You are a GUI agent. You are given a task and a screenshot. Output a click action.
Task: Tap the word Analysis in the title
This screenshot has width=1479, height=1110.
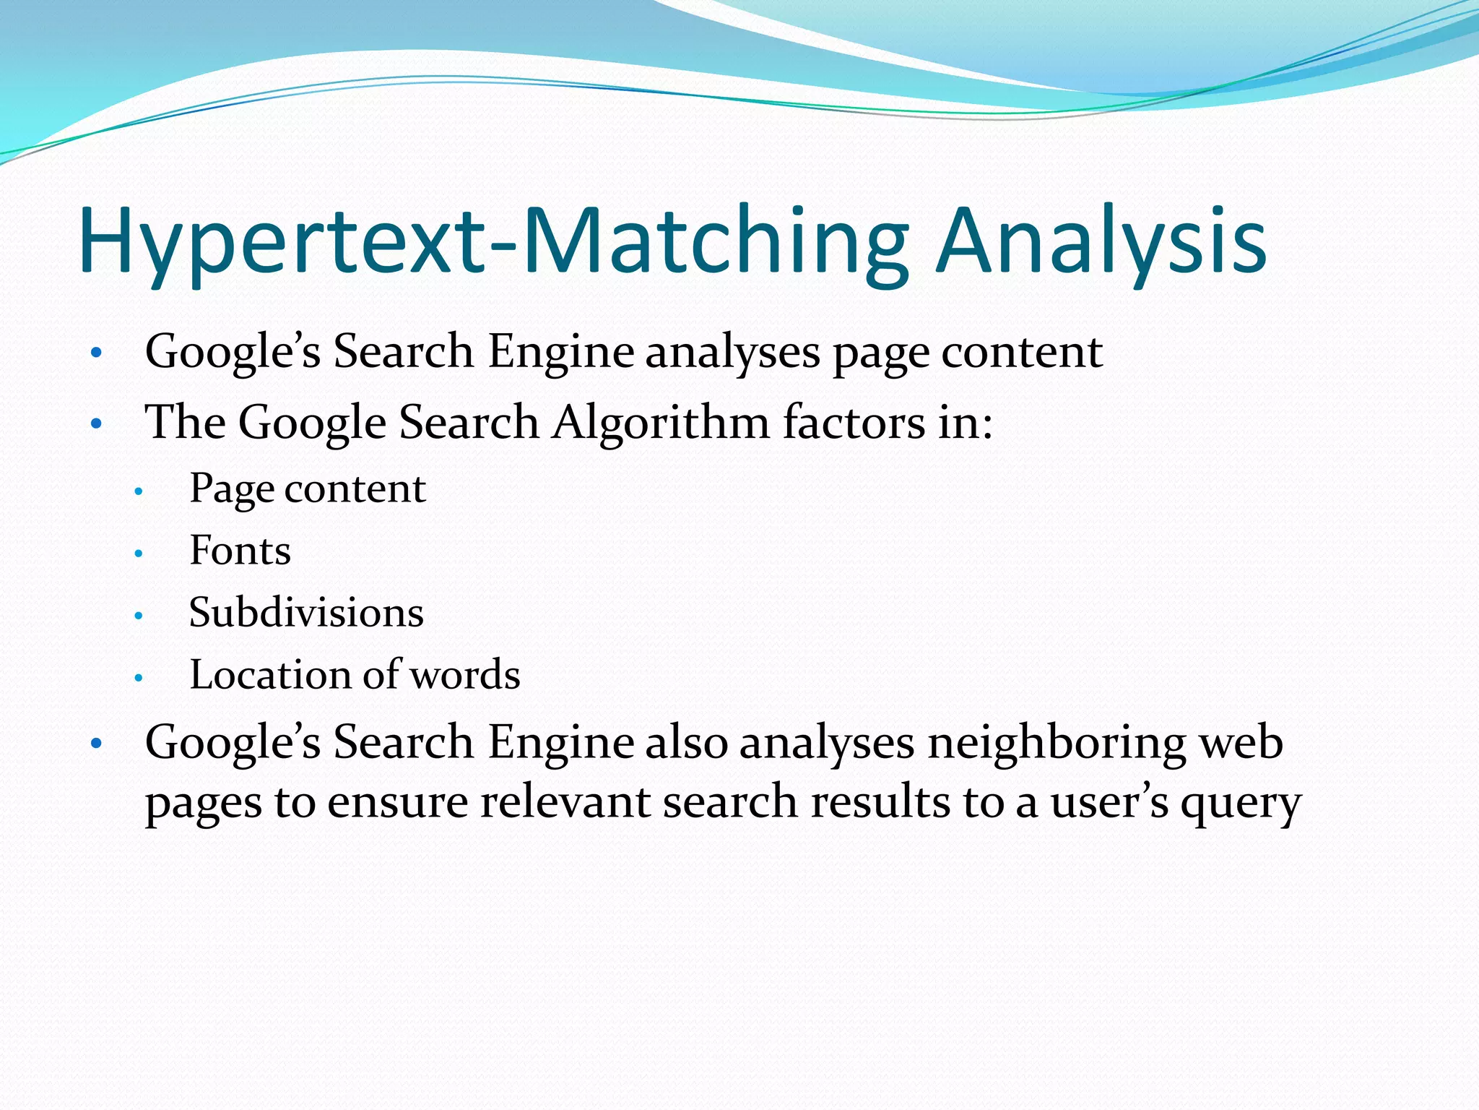pos(1101,240)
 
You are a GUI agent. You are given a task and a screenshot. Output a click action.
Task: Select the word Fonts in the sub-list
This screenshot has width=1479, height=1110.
pos(240,551)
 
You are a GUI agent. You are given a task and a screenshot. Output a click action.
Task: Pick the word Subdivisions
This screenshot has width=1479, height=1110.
pos(306,613)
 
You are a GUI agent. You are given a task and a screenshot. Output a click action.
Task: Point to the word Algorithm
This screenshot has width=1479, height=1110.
pos(662,422)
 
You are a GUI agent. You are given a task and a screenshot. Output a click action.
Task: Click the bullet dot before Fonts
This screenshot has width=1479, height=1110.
pos(139,554)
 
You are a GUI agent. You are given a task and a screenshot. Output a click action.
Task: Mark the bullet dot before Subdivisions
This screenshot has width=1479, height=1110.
pos(139,616)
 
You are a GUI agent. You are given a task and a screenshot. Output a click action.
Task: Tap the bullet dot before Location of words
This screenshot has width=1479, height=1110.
pos(139,679)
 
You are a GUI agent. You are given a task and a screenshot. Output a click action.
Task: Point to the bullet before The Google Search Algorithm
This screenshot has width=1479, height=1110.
pos(97,425)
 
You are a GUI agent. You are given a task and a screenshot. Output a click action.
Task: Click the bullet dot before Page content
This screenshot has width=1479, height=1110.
pos(139,492)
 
